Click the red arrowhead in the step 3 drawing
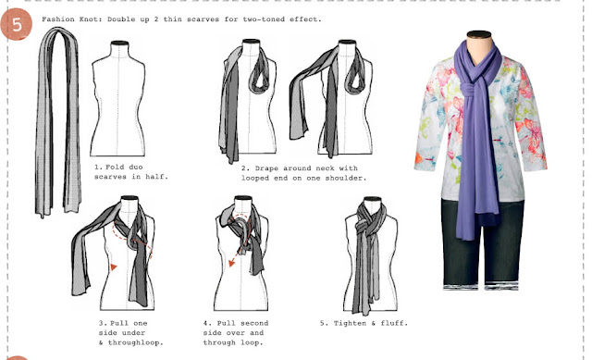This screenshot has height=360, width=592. point(114,267)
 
